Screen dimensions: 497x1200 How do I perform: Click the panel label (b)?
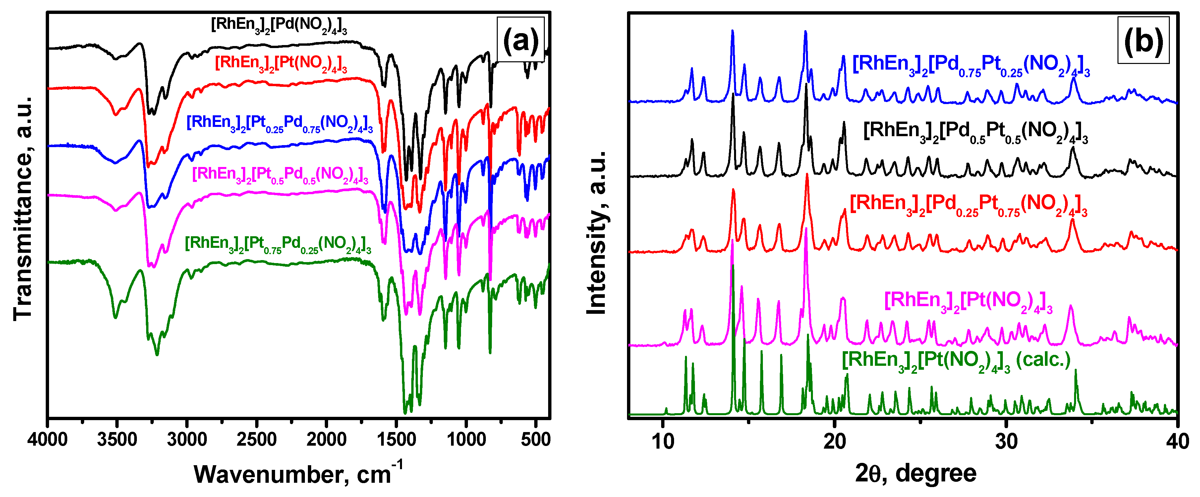coord(1143,40)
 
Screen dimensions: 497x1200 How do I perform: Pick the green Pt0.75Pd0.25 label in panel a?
coord(278,244)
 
